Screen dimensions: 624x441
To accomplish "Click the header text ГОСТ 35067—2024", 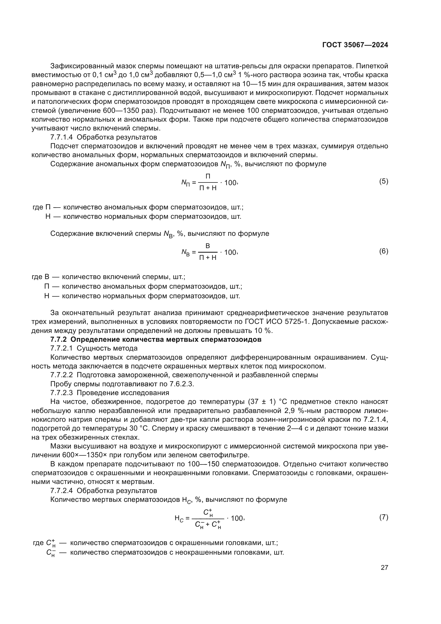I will (x=355, y=45).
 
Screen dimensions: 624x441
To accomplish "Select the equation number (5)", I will (x=383, y=181).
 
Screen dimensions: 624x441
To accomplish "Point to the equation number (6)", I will (x=383, y=251).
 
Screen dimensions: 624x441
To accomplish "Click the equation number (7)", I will (x=383, y=517).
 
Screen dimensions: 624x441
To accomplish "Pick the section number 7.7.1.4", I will (x=61, y=137).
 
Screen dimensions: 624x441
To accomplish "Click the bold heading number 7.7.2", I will (x=58, y=339).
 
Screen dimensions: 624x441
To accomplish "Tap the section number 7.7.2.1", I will (x=61, y=348).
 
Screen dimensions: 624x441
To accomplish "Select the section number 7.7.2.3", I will (x=61, y=393).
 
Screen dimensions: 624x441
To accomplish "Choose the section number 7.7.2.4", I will (x=61, y=491).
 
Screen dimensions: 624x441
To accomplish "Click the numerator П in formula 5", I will (x=208, y=176).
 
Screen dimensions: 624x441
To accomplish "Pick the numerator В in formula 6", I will (x=208, y=246).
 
